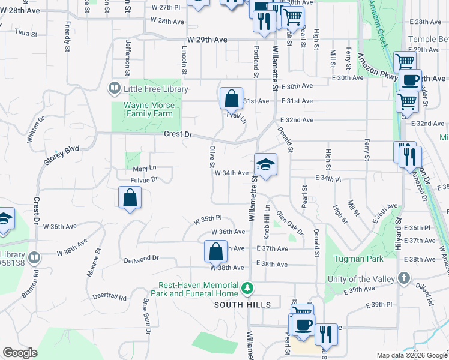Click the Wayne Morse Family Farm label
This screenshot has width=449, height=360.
(149, 109)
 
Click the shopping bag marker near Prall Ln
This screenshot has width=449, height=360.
(231, 98)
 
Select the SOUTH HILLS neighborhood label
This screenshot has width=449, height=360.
(243, 305)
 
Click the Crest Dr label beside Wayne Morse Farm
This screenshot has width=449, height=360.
(178, 134)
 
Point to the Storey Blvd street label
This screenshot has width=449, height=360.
(61, 154)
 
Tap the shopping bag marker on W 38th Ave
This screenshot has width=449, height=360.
(215, 251)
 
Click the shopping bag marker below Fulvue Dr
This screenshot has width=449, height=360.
(130, 197)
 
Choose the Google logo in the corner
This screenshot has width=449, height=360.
(20, 353)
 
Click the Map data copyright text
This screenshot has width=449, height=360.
(411, 355)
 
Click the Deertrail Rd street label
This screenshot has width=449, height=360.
(110, 297)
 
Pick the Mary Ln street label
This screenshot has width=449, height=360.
(144, 169)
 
